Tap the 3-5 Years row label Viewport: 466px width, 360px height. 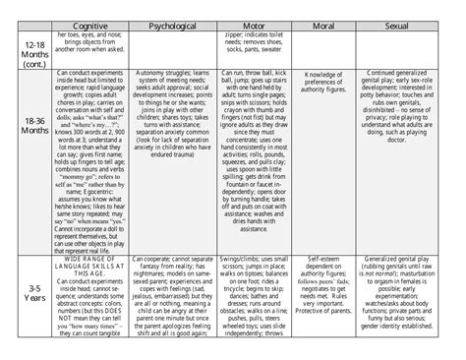[33, 295]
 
